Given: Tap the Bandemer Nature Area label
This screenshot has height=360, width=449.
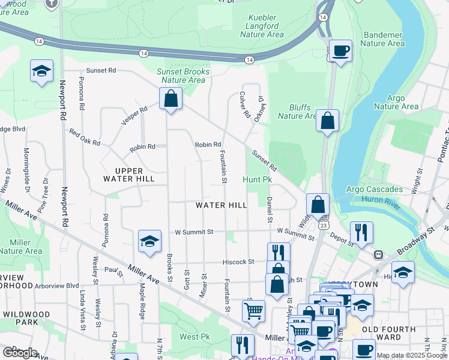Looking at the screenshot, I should point(382,39).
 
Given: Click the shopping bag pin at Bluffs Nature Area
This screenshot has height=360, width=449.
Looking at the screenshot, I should point(327,120).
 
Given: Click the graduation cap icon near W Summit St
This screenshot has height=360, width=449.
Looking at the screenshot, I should point(149,241).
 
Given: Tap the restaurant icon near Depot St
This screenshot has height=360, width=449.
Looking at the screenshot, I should point(361,232).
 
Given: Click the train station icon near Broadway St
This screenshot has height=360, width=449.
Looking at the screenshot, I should point(379,254).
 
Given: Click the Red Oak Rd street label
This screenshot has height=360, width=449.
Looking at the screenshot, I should point(84,137).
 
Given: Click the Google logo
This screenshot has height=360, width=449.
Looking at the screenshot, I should point(20,353).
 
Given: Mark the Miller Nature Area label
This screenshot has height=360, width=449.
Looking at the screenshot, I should point(21,247).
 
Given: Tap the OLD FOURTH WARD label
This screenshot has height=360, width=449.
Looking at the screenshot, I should point(388,333).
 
